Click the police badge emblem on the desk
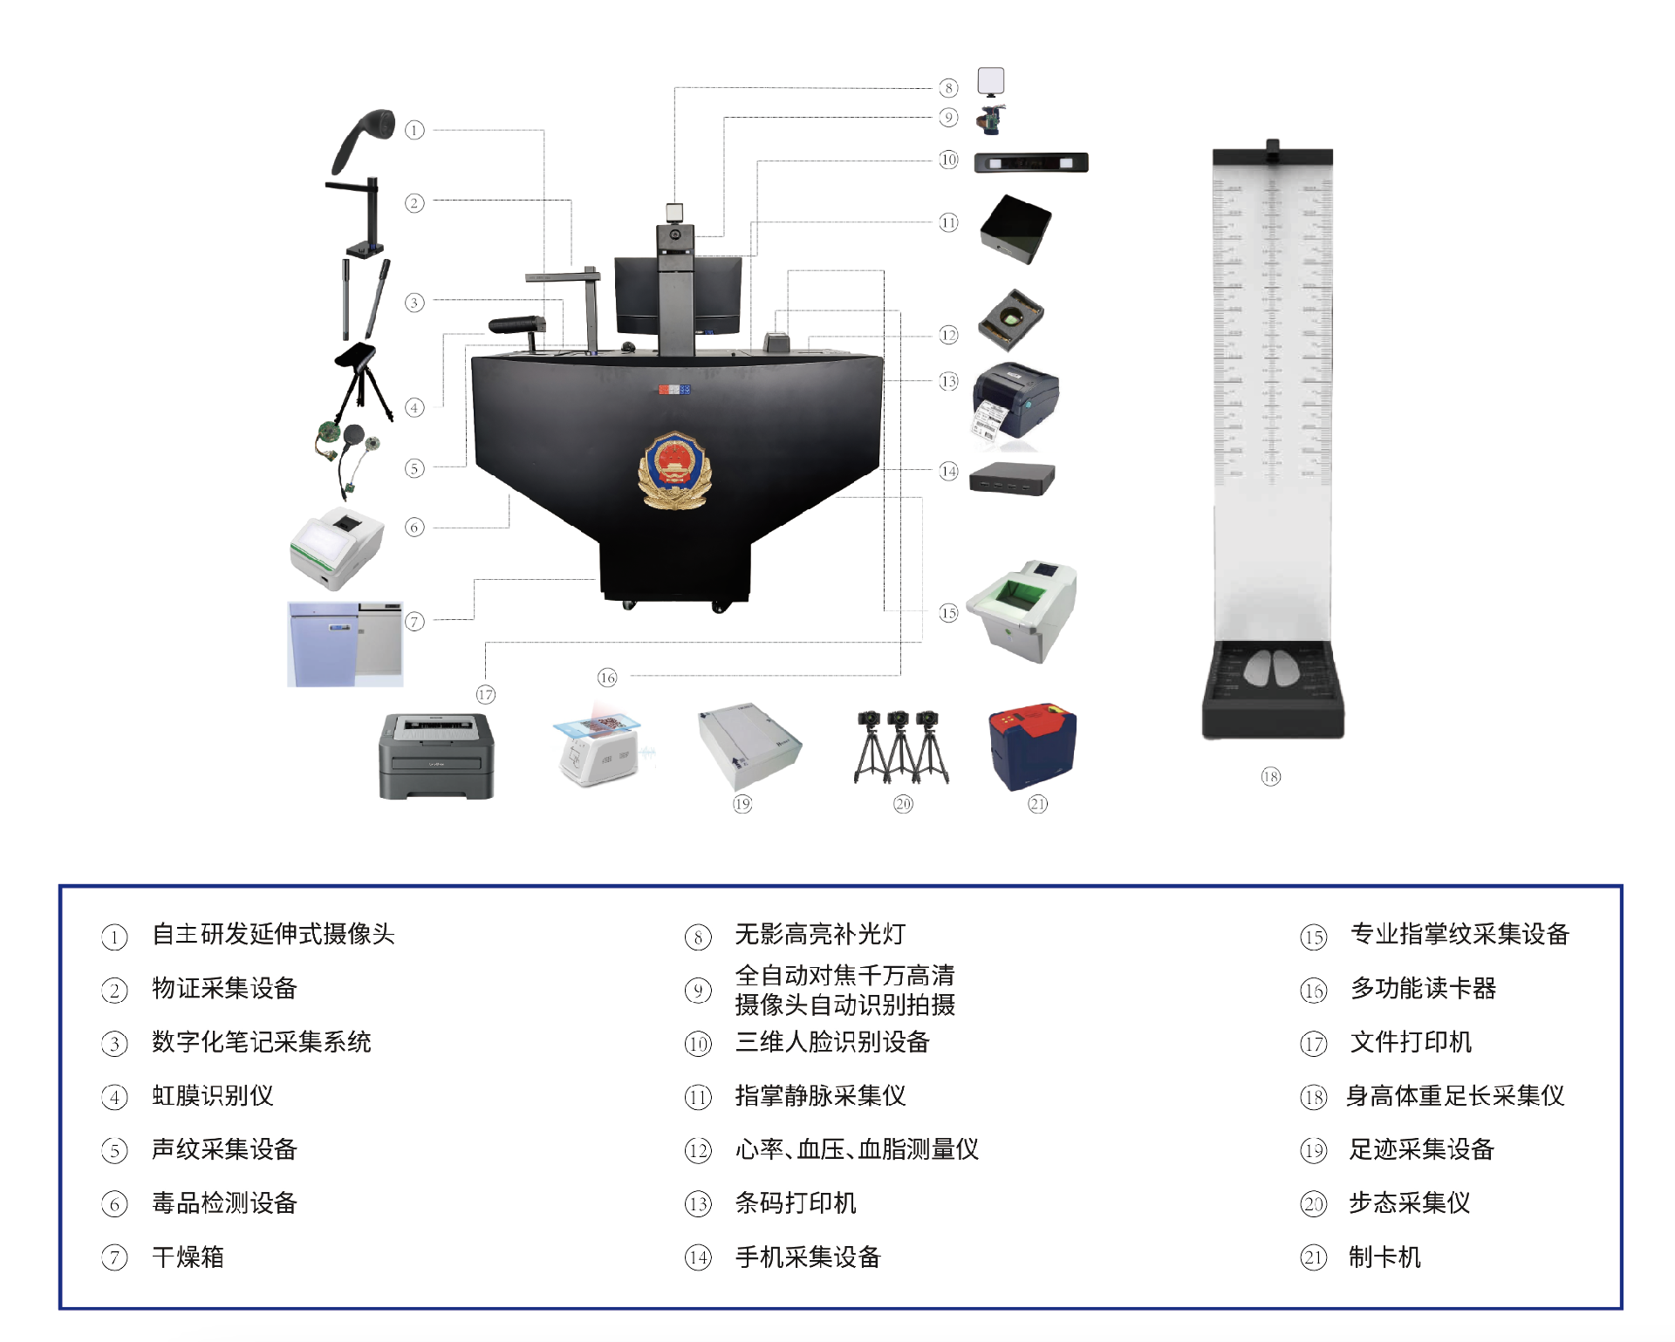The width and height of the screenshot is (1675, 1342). pos(674,470)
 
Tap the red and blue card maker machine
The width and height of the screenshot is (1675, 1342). pos(1032,746)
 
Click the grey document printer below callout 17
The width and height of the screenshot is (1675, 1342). pos(436,755)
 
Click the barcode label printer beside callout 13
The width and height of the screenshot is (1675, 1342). pos(1015,402)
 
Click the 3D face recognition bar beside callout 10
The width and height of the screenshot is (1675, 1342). pos(1031,163)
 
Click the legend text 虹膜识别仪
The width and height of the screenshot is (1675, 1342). pos(212,1096)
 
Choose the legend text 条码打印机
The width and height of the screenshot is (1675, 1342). pos(795,1203)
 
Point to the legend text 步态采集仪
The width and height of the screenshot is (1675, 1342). pos(1409,1203)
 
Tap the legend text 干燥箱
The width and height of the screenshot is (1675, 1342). pos(188,1257)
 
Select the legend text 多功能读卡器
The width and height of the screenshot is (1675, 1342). pos(1423,989)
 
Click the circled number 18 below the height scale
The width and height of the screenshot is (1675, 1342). pos(1270,777)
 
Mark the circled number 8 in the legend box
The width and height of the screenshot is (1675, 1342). pos(698,937)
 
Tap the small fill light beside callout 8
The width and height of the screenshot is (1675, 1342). pos(991,81)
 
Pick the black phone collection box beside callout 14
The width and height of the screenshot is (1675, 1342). pos(1012,478)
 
